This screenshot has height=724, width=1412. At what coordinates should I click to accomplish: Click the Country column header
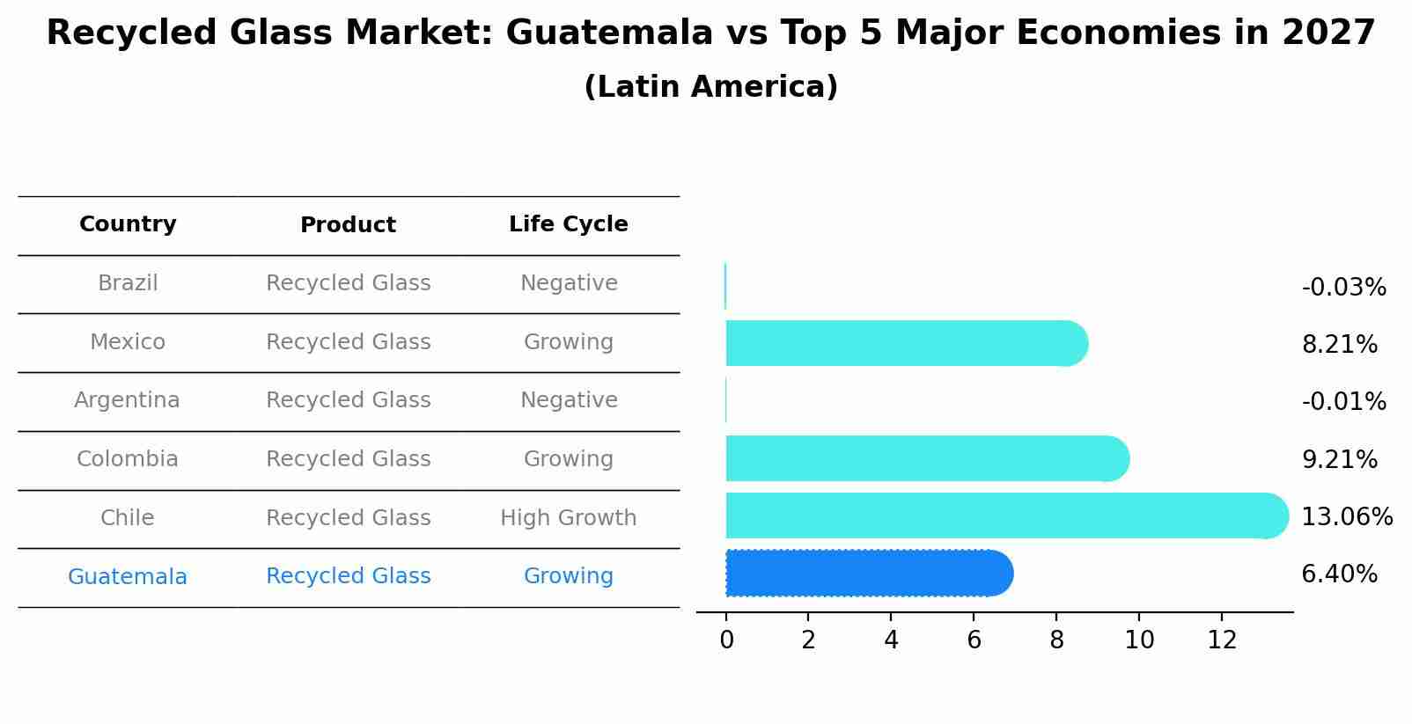(128, 224)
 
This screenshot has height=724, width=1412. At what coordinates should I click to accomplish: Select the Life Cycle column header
(568, 224)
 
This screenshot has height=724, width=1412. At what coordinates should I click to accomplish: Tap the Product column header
(348, 225)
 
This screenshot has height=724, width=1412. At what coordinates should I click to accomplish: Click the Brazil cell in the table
(128, 283)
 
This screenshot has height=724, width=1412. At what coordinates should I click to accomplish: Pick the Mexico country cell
(128, 342)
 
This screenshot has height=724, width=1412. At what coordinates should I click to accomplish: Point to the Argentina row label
(127, 400)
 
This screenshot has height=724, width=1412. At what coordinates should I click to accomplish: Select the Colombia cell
(128, 459)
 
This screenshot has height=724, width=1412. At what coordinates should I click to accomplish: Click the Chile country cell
(128, 518)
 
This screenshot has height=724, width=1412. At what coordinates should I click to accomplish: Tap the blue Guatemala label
(128, 577)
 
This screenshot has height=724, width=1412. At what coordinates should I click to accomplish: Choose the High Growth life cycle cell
(568, 518)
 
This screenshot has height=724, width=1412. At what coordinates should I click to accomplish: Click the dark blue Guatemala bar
(867, 574)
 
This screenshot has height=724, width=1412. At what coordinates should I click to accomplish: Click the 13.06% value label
(1347, 517)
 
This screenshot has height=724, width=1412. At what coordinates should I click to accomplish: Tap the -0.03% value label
(1343, 288)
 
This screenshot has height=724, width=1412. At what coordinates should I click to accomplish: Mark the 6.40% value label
(1339, 574)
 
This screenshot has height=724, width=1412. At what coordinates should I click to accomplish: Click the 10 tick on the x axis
(1139, 640)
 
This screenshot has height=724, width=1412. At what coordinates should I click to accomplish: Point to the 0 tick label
(726, 640)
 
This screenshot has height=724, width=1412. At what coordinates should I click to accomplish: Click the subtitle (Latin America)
(710, 87)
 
